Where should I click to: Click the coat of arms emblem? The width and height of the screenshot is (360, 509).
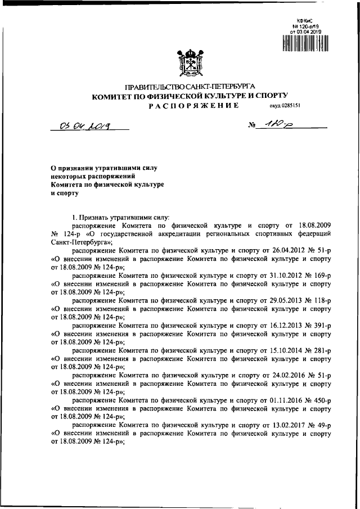tap(190, 62)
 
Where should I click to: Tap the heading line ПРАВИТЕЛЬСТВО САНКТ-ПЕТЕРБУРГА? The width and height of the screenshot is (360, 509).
tap(190, 87)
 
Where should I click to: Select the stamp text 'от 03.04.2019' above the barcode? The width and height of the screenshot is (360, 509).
tap(305, 31)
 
